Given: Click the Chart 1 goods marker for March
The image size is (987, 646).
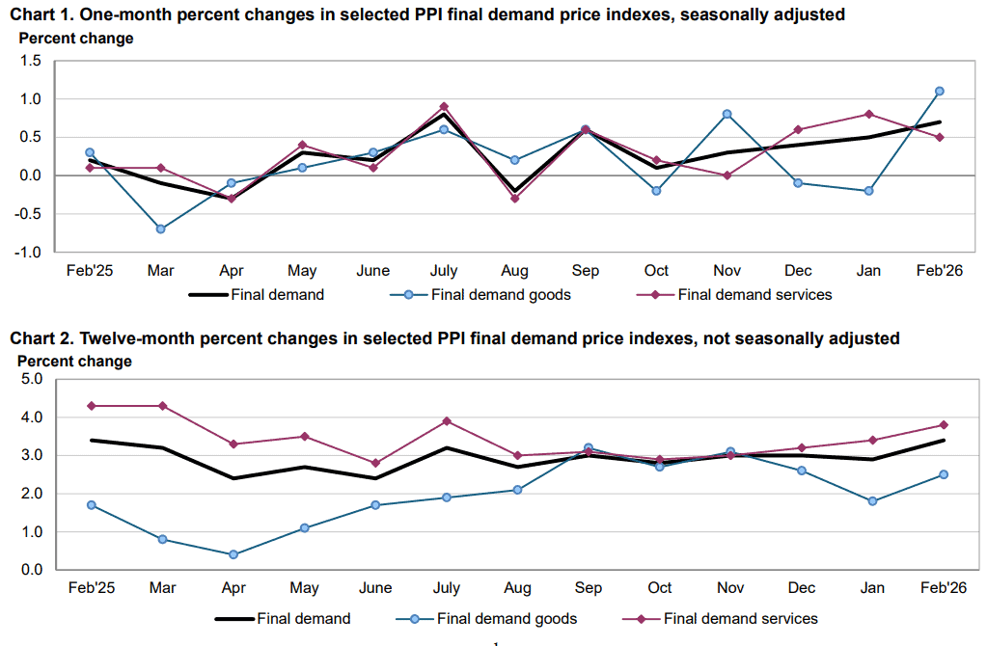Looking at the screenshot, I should point(160,229).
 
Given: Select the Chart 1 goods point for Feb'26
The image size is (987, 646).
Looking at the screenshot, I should point(939,91).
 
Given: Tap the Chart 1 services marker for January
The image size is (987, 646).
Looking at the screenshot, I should point(868,114).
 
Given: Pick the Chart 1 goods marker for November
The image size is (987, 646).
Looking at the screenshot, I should point(727,114).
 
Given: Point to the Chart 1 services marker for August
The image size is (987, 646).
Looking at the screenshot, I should point(514,199).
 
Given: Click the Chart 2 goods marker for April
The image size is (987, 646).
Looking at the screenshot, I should point(233,554).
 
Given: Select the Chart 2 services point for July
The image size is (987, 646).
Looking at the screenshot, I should point(445,421).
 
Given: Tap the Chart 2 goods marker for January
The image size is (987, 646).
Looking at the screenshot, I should point(872,501).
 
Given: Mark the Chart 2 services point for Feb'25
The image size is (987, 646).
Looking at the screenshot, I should point(91,406).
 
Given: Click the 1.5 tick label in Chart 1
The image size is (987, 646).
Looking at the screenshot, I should point(31,61).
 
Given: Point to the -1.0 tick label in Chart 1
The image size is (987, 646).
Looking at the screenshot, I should point(29,253).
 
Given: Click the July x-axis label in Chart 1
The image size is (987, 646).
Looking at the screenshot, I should point(443,271).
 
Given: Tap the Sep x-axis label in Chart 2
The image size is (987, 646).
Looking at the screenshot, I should point(589,588).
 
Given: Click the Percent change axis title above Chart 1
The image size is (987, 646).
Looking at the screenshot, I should point(75,39).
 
